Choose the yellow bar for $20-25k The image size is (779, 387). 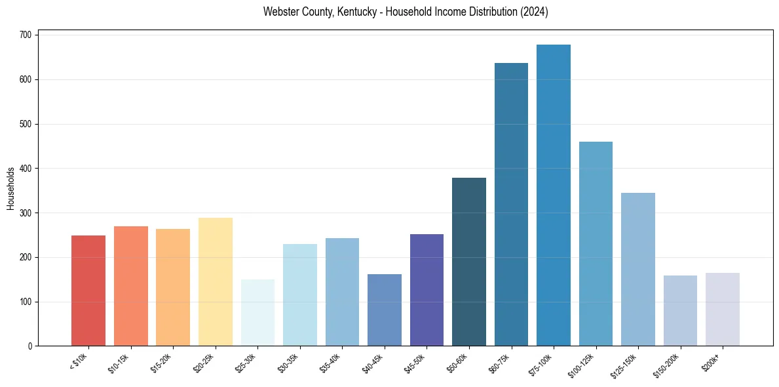pyautogui.click(x=216, y=282)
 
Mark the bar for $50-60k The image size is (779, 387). pyautogui.click(x=469, y=262)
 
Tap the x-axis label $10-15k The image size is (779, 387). pyautogui.click(x=118, y=363)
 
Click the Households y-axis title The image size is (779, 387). pyautogui.click(x=10, y=188)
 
